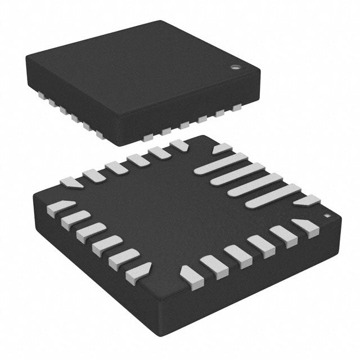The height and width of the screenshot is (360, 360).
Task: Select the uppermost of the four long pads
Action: coord(222,163)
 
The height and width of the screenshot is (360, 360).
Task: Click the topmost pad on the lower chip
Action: coord(179,145)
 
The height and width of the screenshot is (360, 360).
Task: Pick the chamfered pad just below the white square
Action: coord(304,226)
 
